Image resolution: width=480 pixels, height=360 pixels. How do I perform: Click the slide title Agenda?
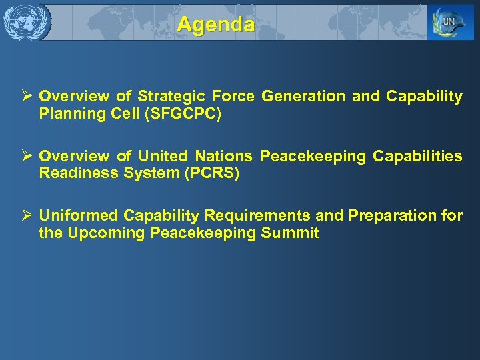click(215, 25)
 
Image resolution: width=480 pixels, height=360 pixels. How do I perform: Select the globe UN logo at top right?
click(451, 23)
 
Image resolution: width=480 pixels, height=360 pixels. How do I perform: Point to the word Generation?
click(303, 97)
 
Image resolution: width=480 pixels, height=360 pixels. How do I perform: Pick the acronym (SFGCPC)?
click(185, 114)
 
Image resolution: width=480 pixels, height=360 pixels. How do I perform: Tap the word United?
click(163, 157)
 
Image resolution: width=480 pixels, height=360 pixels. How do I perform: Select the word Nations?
click(223, 157)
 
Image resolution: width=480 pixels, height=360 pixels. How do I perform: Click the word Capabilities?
click(417, 157)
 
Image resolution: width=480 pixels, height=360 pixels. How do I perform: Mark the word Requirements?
click(257, 216)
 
